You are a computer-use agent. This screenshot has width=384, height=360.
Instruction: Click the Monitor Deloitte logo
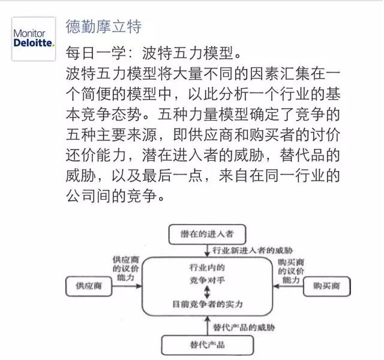pos(34,38)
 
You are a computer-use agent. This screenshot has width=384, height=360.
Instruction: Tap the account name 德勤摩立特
pos(103,26)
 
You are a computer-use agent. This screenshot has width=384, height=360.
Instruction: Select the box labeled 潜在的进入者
pos(207,235)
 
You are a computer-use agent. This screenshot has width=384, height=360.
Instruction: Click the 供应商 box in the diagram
pos(89,286)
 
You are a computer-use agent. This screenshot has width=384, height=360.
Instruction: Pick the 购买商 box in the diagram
pos(326,286)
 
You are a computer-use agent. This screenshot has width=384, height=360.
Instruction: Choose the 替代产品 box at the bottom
pos(207,345)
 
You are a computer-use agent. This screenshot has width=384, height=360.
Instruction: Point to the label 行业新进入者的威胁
pos(253,250)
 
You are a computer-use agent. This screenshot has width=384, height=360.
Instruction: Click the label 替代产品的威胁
pos(244,327)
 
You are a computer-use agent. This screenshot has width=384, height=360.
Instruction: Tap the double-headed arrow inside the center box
pos(207,292)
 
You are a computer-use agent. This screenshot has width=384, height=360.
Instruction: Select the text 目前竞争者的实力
pos(208,304)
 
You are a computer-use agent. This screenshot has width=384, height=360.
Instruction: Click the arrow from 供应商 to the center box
pos(127,286)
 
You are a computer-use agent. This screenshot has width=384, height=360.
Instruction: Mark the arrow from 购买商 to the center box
pos(288,286)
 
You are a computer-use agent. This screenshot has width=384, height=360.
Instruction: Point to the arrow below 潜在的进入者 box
pos(207,251)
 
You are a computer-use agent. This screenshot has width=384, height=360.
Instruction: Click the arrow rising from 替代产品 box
pos(208,325)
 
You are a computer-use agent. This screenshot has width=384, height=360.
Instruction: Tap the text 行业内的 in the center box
pos(207,267)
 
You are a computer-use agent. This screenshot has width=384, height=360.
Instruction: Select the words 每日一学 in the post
pos(95,53)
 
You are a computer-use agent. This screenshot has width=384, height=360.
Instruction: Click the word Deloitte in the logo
pos(33,43)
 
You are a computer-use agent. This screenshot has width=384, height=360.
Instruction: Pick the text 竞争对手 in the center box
pos(207,280)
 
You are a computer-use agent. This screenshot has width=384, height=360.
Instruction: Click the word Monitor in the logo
pos(29,33)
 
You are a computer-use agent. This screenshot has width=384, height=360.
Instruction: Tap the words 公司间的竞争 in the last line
pos(111,196)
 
